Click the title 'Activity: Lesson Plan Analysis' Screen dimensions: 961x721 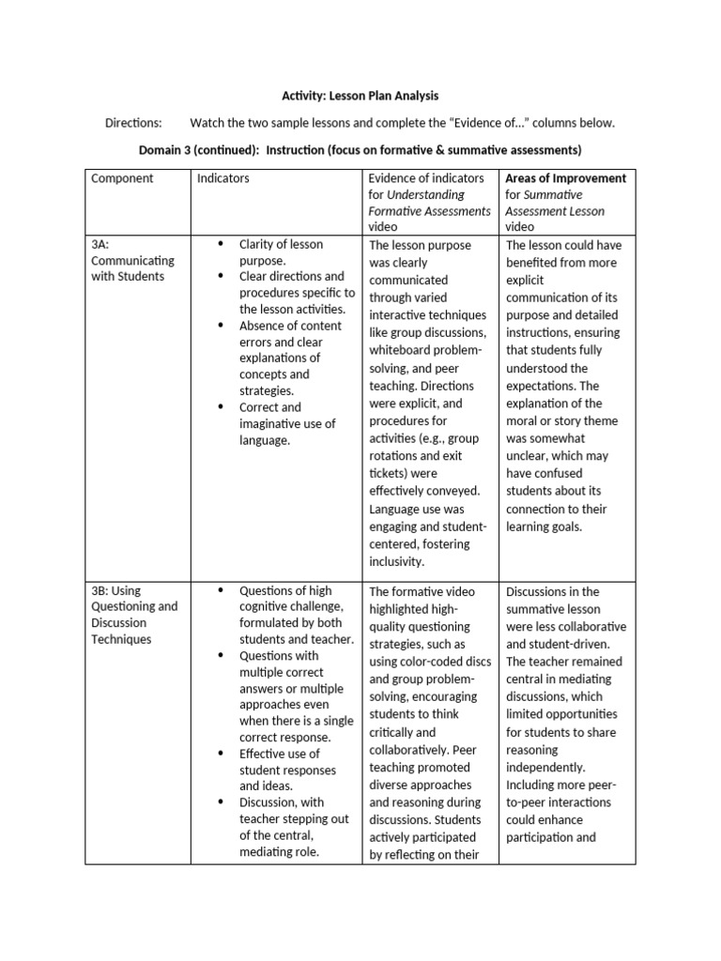pos(360,96)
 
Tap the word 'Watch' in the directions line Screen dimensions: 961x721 pos(207,123)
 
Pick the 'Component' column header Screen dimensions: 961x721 pos(122,178)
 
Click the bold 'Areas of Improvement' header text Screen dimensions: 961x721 pos(565,178)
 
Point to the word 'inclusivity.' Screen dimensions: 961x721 pos(398,562)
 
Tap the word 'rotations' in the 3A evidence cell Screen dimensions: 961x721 pos(394,456)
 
